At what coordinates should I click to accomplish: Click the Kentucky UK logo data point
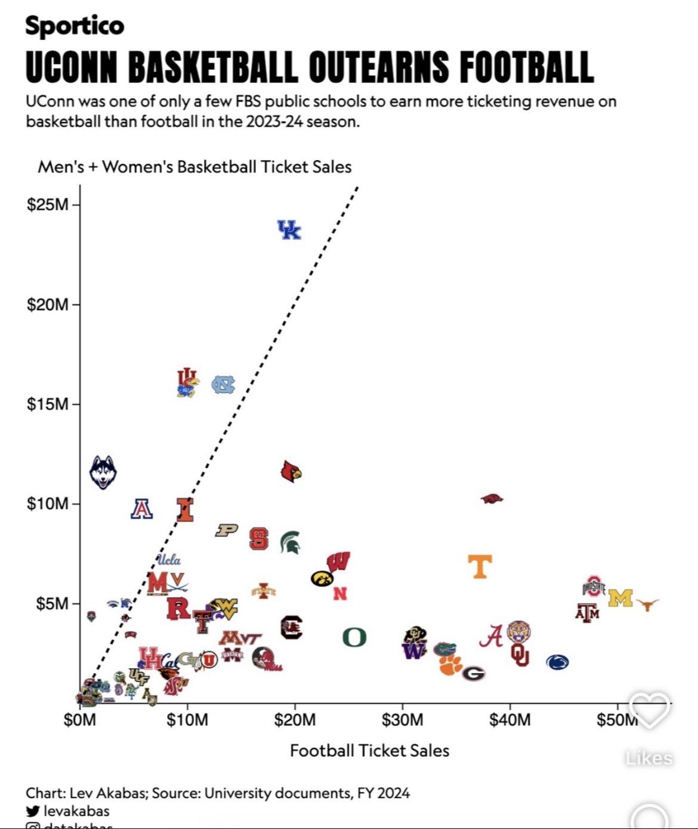pyautogui.click(x=290, y=230)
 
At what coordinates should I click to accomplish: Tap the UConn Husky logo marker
pyautogui.click(x=103, y=472)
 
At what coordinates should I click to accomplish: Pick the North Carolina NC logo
pyautogui.click(x=223, y=385)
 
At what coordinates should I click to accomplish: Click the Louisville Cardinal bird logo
pyautogui.click(x=291, y=472)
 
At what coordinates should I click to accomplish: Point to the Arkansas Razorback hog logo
pyautogui.click(x=492, y=499)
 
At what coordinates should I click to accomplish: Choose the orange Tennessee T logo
pyautogui.click(x=480, y=566)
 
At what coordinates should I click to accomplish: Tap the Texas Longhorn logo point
pyautogui.click(x=647, y=604)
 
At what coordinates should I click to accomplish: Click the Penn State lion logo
pyautogui.click(x=557, y=662)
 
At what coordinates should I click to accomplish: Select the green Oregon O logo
pyautogui.click(x=354, y=638)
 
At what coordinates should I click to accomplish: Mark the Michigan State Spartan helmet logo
pyautogui.click(x=291, y=542)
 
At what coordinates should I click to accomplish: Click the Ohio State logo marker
pyautogui.click(x=594, y=587)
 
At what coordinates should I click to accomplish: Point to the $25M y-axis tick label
pyautogui.click(x=48, y=205)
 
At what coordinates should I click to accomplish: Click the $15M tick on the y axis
pyautogui.click(x=48, y=404)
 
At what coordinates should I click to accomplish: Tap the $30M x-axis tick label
pyautogui.click(x=402, y=720)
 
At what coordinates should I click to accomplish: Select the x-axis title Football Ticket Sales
pyautogui.click(x=369, y=751)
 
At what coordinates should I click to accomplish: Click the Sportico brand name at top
pyautogui.click(x=75, y=25)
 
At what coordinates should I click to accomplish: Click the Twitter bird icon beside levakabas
pyautogui.click(x=33, y=811)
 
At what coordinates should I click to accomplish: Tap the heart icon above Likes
pyautogui.click(x=649, y=710)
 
